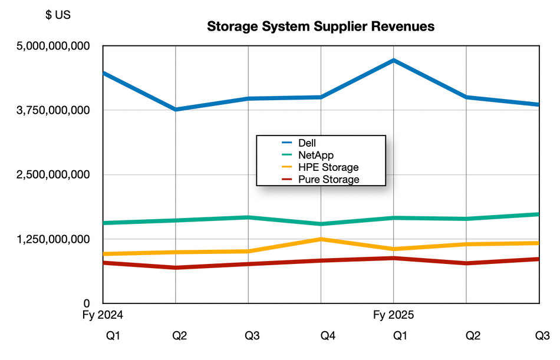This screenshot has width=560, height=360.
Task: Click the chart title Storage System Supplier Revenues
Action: (321, 27)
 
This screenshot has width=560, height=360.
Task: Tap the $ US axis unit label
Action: (58, 15)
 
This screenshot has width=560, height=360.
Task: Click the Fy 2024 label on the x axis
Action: (103, 315)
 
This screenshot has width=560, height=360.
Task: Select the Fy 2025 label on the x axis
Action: (394, 315)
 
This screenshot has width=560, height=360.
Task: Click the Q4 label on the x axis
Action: (328, 336)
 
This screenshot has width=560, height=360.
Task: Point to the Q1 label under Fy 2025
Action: (400, 336)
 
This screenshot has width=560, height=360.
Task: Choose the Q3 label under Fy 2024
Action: (252, 336)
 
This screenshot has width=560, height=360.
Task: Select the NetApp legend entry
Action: (316, 155)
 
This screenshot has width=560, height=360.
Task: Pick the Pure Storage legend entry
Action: (328, 179)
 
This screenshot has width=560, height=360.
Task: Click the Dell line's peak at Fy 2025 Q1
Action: (394, 60)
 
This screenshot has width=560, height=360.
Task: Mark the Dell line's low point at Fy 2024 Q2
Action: (176, 110)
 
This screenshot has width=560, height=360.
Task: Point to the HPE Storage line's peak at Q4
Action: (321, 239)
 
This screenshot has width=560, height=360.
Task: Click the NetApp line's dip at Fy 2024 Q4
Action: (321, 224)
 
